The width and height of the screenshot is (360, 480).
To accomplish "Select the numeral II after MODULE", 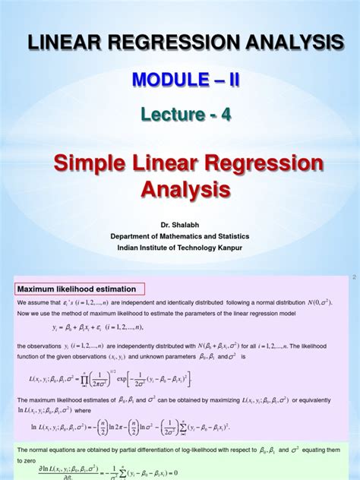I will pyautogui.click(x=226, y=78).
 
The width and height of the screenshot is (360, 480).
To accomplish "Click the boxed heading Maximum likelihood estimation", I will pyautogui.click(x=77, y=289).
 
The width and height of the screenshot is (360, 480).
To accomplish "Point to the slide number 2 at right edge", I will pyautogui.click(x=353, y=279).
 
